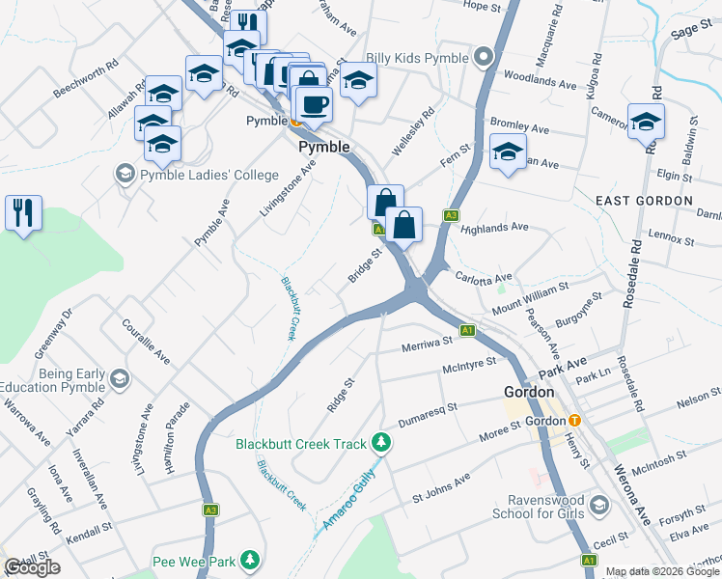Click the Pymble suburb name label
tap(322, 147)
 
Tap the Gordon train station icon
tap(574, 420)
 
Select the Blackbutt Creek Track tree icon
tap(383, 444)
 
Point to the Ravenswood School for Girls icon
tap(599, 505)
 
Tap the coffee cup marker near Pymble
tap(312, 103)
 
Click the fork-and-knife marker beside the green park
tap(23, 212)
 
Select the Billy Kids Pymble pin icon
tap(485, 59)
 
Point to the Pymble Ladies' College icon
tap(125, 175)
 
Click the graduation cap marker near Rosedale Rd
tap(646, 123)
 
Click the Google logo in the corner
tap(32, 566)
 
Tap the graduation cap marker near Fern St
tap(508, 152)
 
